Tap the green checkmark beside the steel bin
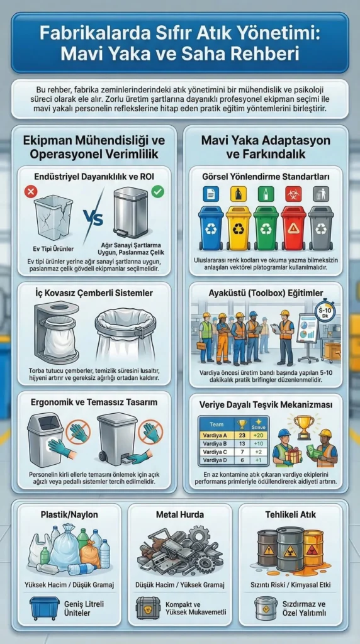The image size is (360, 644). click(157, 190)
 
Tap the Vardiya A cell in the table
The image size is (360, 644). click(215, 434)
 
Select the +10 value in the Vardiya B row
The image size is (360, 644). click(258, 443)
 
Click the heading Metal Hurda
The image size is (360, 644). click(179, 514)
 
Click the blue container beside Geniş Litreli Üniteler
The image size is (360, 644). click(44, 608)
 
